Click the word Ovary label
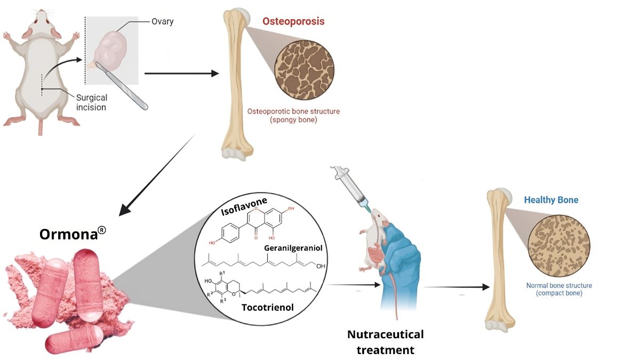pyautogui.click(x=163, y=22)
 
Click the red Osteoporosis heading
pyautogui.click(x=293, y=22)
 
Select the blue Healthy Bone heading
pyautogui.click(x=551, y=200)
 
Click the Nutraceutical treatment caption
pyautogui.click(x=385, y=342)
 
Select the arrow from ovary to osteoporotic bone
pyautogui.click(x=181, y=73)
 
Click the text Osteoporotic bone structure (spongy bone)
pyautogui.click(x=293, y=116)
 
